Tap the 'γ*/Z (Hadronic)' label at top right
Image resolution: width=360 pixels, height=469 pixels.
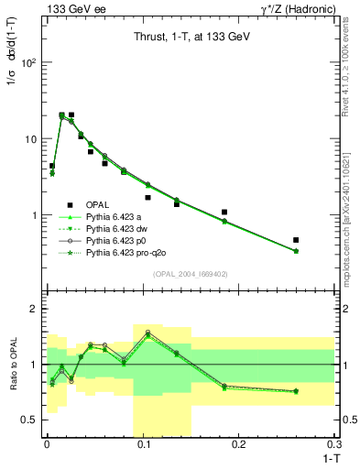(295, 8)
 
